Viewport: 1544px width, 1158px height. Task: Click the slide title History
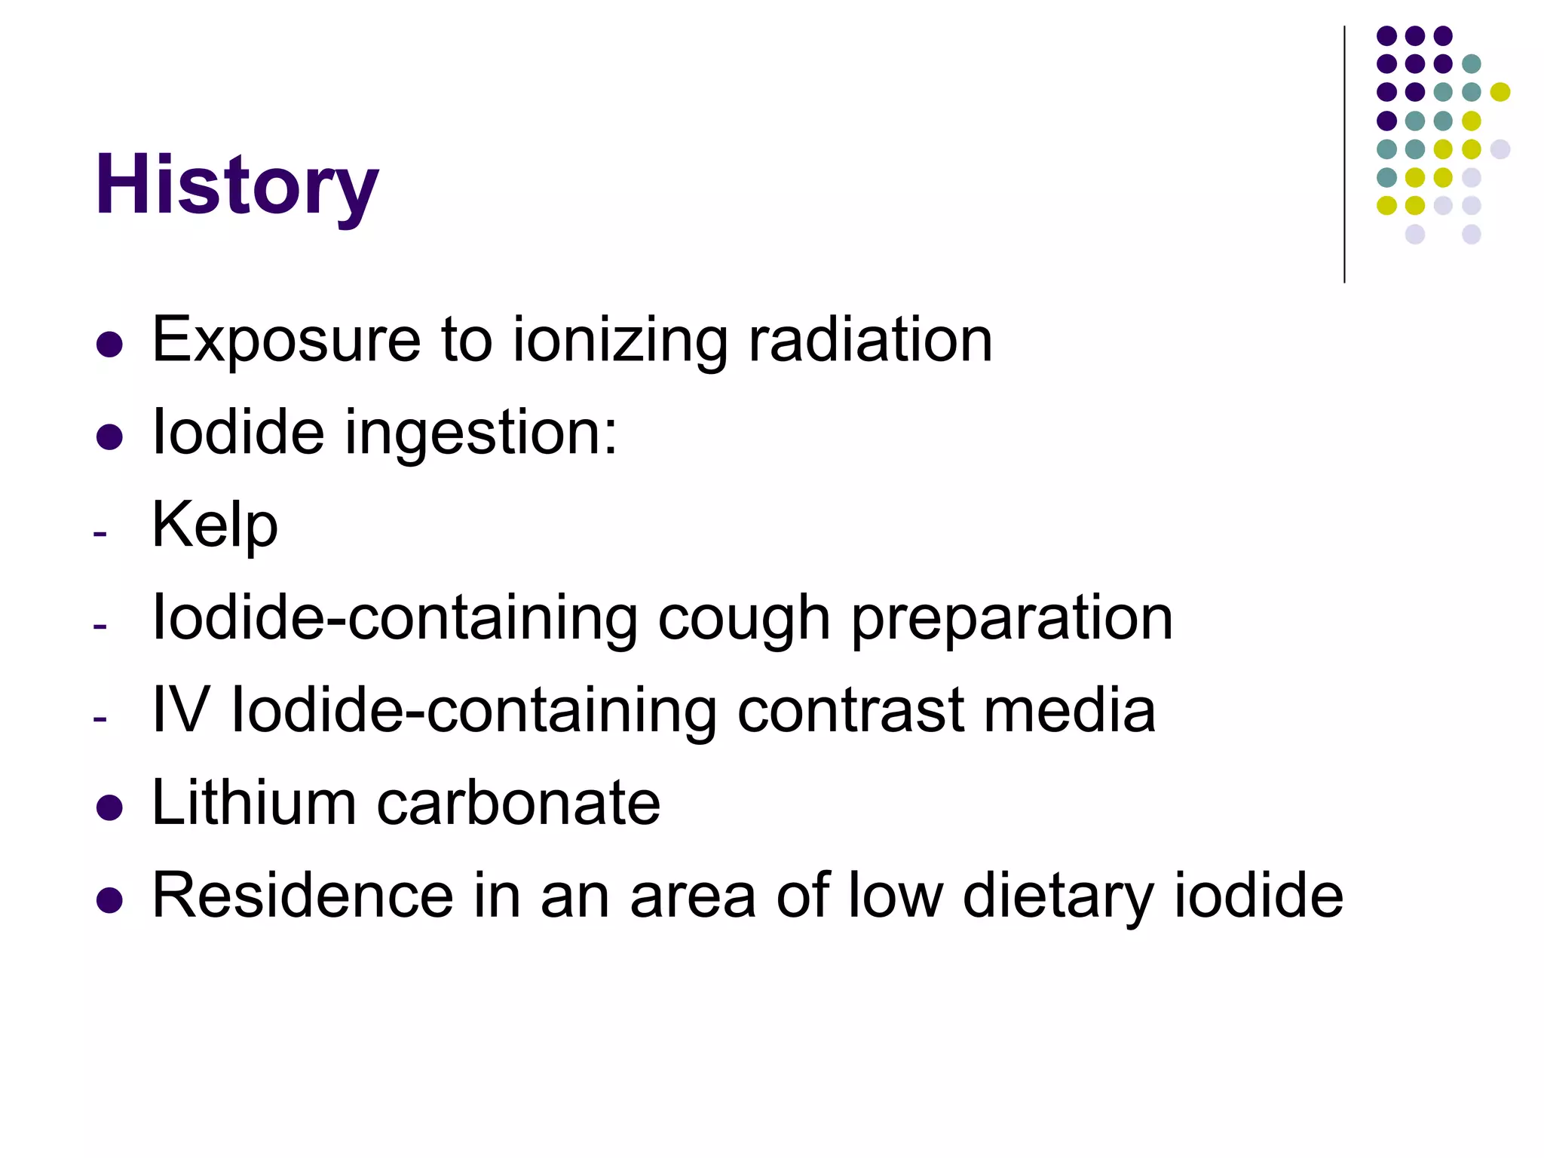tap(236, 185)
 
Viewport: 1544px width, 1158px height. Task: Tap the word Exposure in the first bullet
tap(286, 341)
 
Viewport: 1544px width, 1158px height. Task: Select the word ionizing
tap(620, 341)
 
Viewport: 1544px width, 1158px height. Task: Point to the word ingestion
tap(481, 433)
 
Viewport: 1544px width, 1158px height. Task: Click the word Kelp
tap(215, 526)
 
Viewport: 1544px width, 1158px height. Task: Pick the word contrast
tap(850, 710)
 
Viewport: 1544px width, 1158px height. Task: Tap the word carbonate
tap(518, 803)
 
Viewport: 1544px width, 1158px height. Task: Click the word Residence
tap(303, 896)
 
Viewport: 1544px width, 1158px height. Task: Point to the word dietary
tap(1058, 897)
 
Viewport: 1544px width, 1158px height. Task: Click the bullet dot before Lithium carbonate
tap(110, 807)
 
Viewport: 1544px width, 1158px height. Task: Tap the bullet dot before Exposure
tap(110, 345)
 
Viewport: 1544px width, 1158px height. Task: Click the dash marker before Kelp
tap(100, 535)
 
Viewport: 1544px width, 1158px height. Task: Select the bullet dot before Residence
tap(110, 900)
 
